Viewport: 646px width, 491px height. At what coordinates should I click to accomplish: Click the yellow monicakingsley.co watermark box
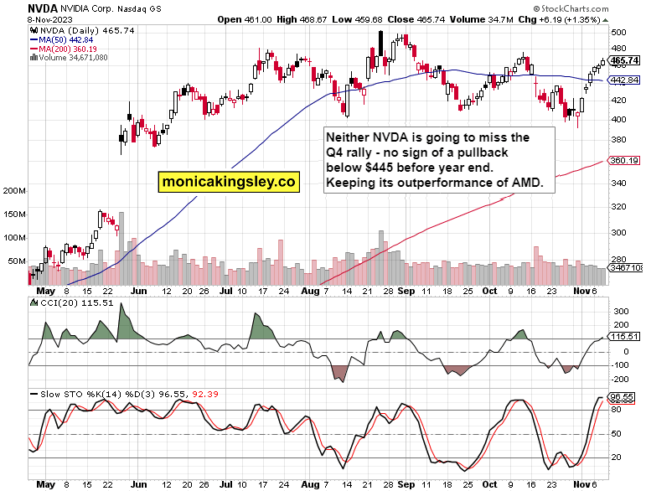(230, 180)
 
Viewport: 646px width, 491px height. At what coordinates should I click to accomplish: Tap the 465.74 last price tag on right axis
(625, 60)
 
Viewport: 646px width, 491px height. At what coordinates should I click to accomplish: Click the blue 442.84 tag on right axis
(625, 80)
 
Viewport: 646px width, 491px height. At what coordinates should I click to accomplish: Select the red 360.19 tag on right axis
(625, 160)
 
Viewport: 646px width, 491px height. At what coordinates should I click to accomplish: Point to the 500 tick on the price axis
(619, 32)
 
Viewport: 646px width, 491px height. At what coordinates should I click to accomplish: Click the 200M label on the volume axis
(16, 191)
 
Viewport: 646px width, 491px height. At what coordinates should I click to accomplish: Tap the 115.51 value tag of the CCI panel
(625, 337)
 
